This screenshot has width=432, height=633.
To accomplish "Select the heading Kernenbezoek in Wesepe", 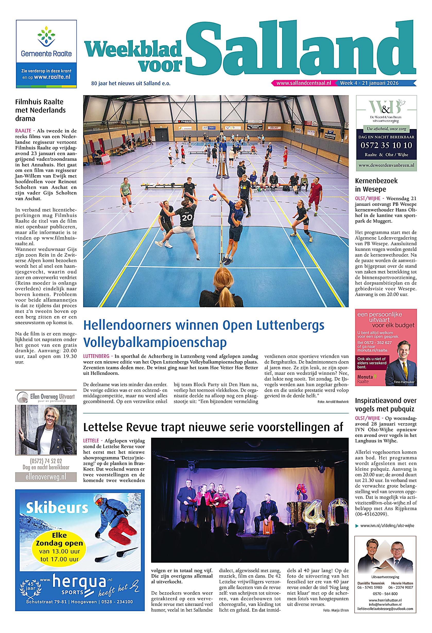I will pos(376,185).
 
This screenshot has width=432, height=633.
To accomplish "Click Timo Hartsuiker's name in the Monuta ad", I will pos(404,382).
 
